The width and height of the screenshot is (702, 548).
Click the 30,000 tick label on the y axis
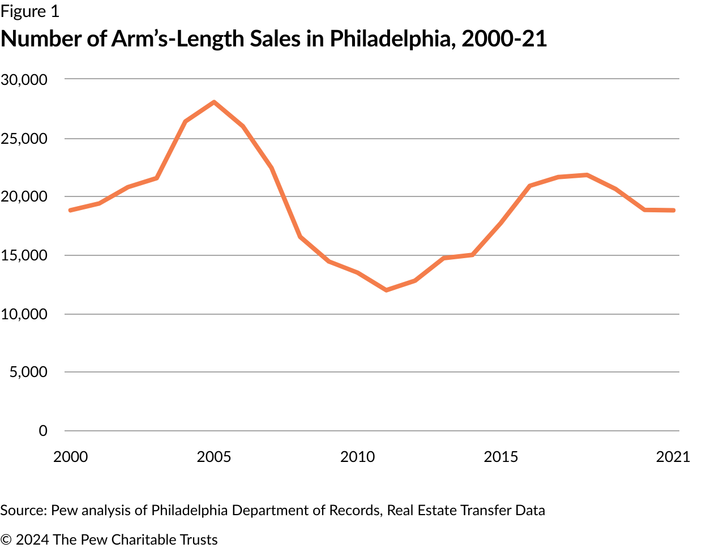(24, 80)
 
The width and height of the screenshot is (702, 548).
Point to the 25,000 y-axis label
(24, 139)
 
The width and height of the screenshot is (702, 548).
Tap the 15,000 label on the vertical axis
(24, 255)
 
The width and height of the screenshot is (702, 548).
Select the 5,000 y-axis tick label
(28, 372)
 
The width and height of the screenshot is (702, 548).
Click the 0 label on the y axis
(43, 431)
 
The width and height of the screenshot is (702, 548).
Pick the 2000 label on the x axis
(71, 457)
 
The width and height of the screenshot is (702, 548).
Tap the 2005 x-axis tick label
(214, 457)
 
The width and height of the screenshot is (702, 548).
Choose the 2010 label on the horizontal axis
(357, 457)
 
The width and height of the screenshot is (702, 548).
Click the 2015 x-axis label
(500, 457)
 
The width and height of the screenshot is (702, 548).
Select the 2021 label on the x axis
(673, 457)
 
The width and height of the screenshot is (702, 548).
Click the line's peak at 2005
(214, 102)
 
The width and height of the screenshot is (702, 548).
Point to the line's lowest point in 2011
(386, 290)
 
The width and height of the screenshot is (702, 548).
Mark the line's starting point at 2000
(70, 210)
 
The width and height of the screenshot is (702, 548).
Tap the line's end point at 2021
(673, 210)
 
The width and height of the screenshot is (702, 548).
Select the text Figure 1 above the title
(29, 11)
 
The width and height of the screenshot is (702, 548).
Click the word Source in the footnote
(23, 510)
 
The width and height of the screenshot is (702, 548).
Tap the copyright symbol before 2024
(6, 540)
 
